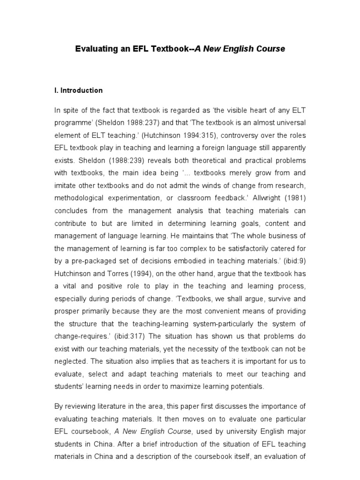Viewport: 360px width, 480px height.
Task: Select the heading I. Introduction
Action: (78, 90)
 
